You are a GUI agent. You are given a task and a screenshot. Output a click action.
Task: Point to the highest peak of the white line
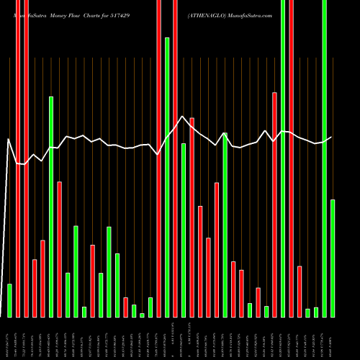click(x=184, y=116)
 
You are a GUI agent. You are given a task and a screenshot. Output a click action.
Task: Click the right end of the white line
click(x=331, y=137)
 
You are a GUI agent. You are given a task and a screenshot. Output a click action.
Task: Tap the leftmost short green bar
click(x=9, y=300)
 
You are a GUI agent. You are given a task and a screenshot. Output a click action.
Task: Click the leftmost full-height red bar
click(x=18, y=158)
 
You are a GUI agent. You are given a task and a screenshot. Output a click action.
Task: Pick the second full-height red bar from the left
click(x=26, y=158)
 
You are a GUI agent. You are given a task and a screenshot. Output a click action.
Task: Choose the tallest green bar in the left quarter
click(x=51, y=207)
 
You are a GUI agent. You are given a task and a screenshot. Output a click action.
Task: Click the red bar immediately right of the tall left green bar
click(x=59, y=249)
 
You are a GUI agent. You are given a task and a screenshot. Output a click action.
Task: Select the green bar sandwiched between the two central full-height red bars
click(x=167, y=177)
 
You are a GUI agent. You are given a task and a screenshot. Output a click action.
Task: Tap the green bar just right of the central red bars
click(x=184, y=230)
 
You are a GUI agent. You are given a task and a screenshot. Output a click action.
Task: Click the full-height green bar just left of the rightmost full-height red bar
click(x=283, y=158)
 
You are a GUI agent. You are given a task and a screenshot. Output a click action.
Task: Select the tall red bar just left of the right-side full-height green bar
click(x=274, y=204)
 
